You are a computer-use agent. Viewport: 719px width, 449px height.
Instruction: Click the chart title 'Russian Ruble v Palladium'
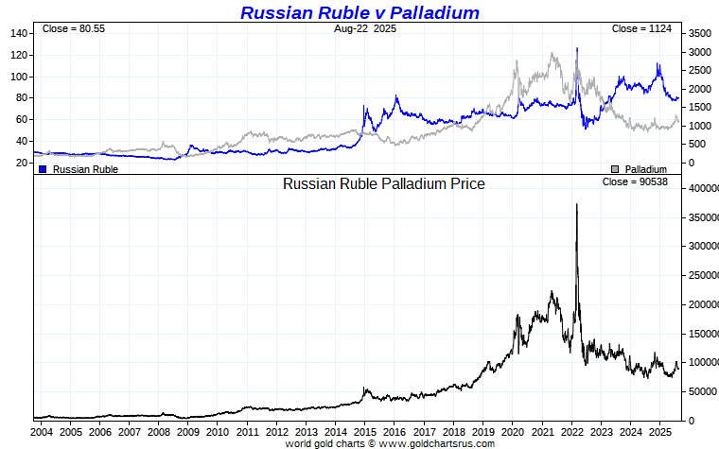[x=359, y=12]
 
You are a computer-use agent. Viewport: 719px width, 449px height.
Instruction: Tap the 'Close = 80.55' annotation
[x=73, y=29]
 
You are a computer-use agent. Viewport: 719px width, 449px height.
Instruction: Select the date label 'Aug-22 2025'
[x=365, y=29]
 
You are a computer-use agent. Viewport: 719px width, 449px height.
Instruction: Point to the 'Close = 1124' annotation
[x=641, y=29]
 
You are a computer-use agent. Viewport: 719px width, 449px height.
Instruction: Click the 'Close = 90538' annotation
[x=635, y=181]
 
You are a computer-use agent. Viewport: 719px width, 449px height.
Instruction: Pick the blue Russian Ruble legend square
[x=43, y=169]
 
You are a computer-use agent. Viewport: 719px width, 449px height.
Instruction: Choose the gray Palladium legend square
[x=616, y=169]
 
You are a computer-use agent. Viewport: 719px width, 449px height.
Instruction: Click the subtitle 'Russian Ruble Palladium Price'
[x=383, y=183]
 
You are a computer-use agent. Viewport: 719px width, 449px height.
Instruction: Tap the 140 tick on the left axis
[x=18, y=33]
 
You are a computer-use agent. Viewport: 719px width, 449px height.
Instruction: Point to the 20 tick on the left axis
[x=21, y=163]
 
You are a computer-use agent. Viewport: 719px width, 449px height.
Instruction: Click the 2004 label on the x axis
[x=42, y=432]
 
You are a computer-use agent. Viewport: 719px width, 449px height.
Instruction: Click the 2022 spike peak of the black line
[x=577, y=204]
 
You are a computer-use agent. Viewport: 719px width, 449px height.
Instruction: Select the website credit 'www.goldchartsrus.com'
[x=437, y=443]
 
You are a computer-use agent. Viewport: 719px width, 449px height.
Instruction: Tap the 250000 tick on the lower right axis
[x=701, y=275]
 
